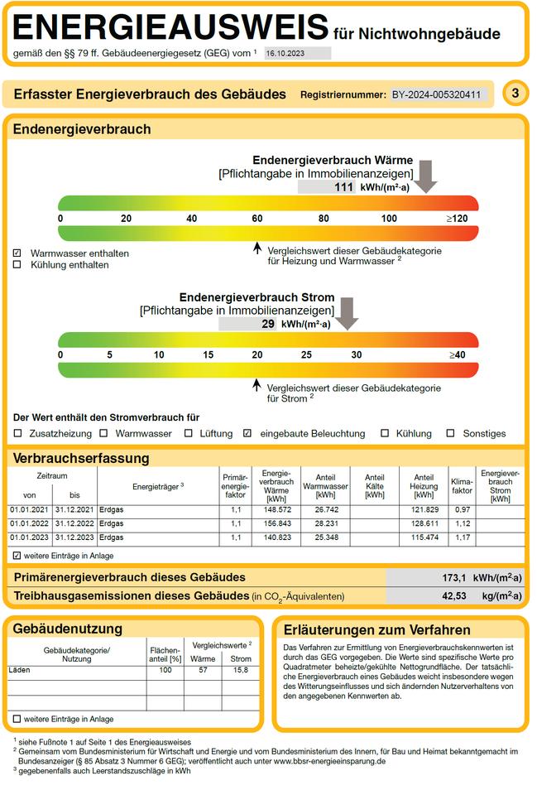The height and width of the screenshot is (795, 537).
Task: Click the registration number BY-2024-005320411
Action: tap(436, 94)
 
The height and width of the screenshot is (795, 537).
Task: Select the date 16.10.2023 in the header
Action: tap(285, 53)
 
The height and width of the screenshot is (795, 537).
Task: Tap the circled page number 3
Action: tap(515, 94)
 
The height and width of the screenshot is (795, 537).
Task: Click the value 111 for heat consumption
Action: tap(343, 187)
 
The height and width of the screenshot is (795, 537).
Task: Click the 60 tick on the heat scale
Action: tap(257, 219)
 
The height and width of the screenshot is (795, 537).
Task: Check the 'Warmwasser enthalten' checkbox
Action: tap(17, 253)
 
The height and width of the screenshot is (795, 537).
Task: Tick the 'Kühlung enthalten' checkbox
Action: tap(17, 265)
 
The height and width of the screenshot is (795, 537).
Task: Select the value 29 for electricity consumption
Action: tap(268, 324)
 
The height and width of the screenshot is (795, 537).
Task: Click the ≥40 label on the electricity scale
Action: tap(457, 355)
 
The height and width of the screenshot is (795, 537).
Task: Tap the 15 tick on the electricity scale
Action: tap(209, 355)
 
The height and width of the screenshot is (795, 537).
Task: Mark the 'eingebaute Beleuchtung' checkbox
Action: tap(247, 433)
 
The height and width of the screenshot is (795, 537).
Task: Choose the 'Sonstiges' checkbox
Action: tap(450, 433)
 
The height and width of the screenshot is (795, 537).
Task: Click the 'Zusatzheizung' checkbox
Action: tap(17, 433)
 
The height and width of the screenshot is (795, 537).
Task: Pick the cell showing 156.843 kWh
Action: tap(277, 523)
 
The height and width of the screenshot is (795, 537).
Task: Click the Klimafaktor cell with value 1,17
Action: tap(462, 537)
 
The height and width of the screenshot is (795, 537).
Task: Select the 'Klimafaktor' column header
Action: tap(462, 486)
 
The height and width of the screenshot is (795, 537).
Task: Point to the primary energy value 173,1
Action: tap(453, 578)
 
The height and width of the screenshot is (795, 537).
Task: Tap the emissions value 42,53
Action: tap(453, 596)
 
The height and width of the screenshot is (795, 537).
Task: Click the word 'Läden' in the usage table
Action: tap(19, 670)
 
